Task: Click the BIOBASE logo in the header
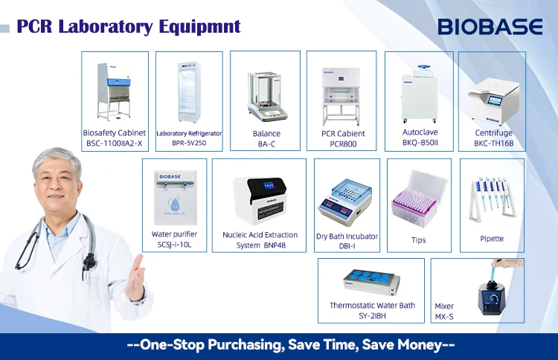[x=490, y=27]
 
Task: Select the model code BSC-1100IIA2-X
[x=115, y=144]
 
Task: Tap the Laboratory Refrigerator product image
[x=188, y=92]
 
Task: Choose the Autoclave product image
[x=417, y=94]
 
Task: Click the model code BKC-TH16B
[x=494, y=144]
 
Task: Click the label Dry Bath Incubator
[x=347, y=237]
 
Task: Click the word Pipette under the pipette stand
[x=492, y=239]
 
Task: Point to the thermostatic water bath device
[x=371, y=281]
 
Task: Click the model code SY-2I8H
[x=371, y=316]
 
